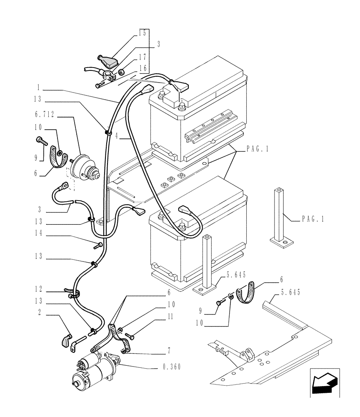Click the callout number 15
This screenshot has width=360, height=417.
pos(142,33)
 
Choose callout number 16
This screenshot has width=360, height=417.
pos(142,67)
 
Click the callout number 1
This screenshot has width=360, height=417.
pos(38,88)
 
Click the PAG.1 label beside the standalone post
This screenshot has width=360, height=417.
pos(312,219)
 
